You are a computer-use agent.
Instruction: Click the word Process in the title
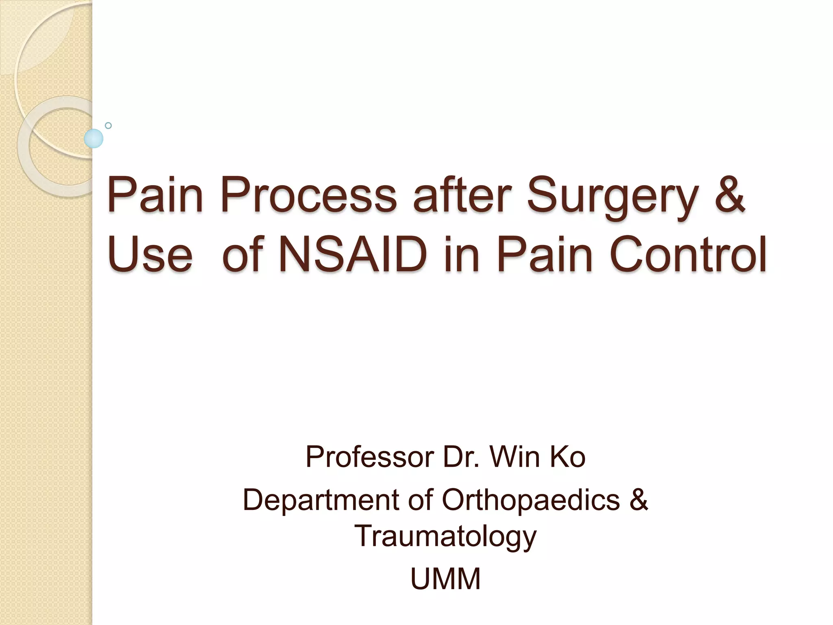click(308, 195)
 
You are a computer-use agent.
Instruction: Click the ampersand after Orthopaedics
click(638, 499)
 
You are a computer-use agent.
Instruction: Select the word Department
click(321, 500)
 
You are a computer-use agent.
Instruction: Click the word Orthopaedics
click(530, 500)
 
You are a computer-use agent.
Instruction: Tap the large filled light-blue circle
click(94, 138)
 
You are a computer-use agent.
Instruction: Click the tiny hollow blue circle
click(108, 125)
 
